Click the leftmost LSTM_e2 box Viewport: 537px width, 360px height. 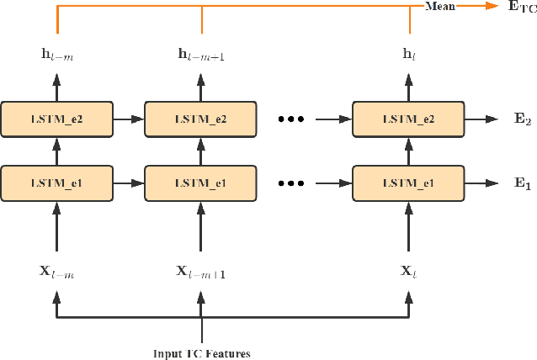click(56, 119)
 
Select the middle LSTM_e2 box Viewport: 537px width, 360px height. click(200, 119)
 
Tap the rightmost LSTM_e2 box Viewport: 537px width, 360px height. click(407, 119)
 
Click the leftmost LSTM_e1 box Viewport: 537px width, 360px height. click(56, 183)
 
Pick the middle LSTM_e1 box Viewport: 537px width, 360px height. click(200, 183)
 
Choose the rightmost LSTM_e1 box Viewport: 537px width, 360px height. click(407, 183)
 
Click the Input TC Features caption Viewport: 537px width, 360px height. click(201, 353)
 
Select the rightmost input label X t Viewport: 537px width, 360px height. click(408, 271)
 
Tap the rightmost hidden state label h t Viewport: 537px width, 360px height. click(408, 55)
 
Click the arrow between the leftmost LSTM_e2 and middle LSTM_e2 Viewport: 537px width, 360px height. click(128, 119)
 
